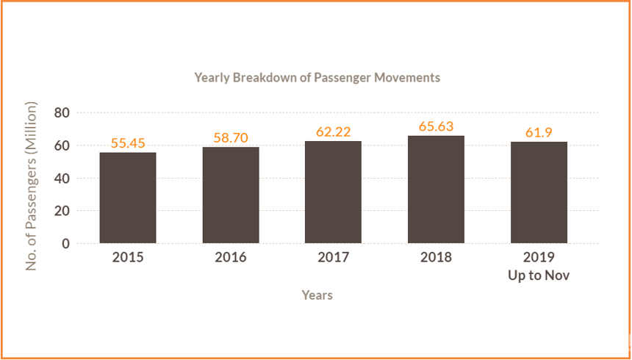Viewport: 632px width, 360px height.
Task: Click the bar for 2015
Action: coord(128,198)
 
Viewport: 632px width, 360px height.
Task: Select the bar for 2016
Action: coord(231,195)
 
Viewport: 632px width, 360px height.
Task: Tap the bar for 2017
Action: coord(333,192)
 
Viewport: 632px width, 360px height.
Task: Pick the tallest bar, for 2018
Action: coord(436,190)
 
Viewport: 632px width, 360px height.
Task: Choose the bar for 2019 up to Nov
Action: coord(539,192)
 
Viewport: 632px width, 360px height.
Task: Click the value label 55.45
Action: coord(128,143)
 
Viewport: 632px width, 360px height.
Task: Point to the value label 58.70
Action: coord(231,138)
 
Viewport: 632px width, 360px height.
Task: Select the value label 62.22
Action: coord(334,132)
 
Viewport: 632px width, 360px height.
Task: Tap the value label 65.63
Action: coord(436,126)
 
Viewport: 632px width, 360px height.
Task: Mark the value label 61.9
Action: coord(539,133)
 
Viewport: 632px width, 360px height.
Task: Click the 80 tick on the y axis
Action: coord(62,113)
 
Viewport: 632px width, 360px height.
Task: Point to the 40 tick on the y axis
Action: coord(62,179)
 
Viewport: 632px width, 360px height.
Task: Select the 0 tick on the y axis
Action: coord(66,243)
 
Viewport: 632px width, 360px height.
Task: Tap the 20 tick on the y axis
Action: coord(62,211)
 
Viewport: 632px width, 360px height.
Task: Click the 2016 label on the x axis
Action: coord(231,258)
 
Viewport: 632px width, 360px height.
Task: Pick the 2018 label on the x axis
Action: coord(436,258)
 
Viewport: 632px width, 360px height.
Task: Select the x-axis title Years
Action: coord(317,295)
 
